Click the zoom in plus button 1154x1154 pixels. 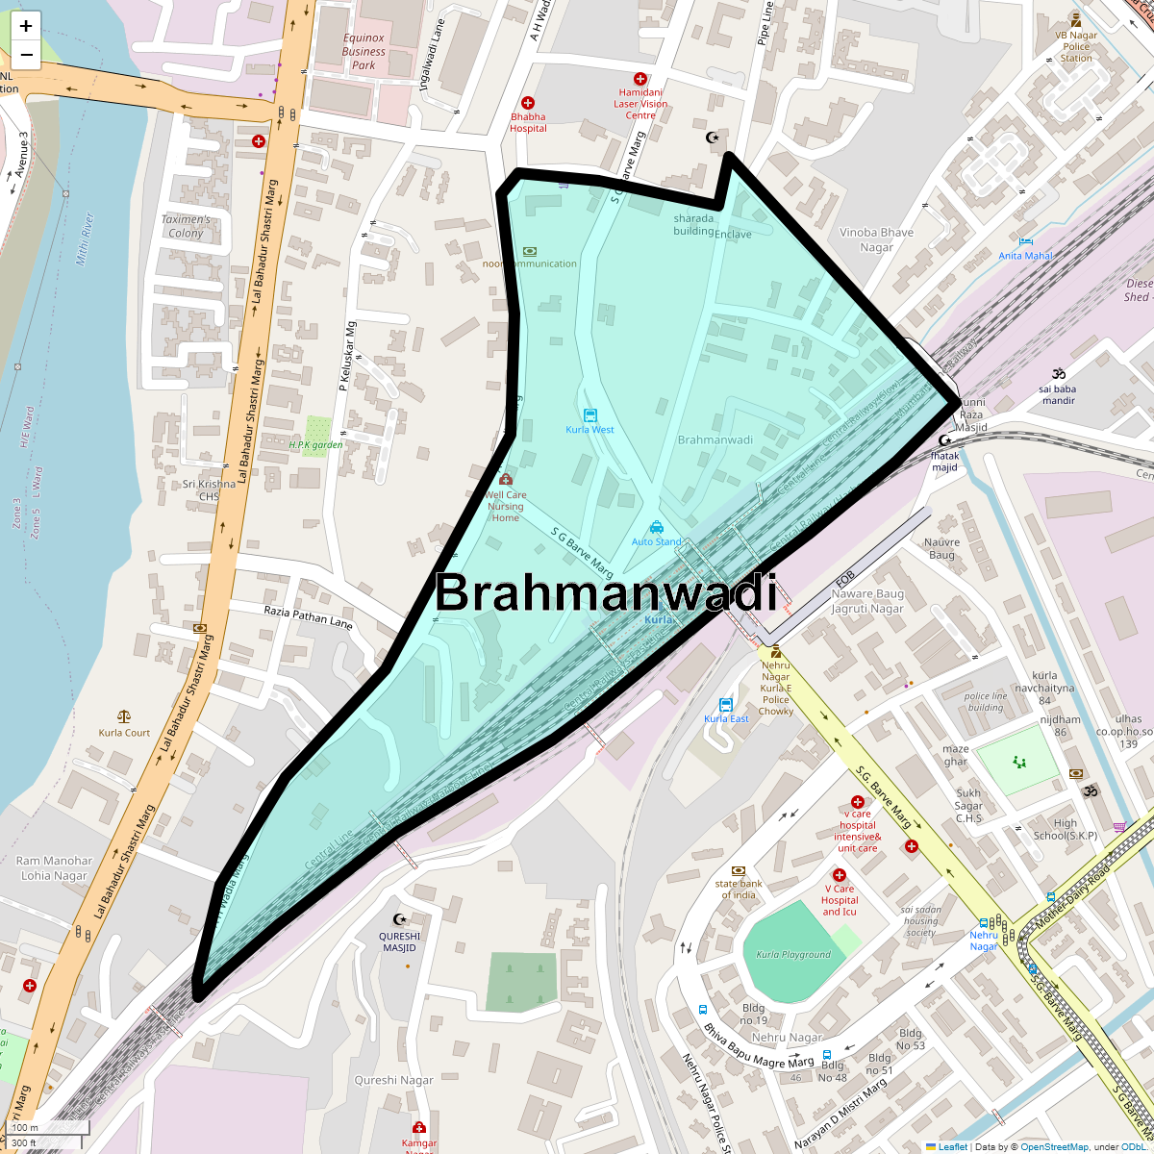click(26, 26)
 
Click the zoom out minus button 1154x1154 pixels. click(26, 55)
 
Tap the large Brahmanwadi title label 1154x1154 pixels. click(606, 592)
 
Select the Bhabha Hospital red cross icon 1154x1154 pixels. click(528, 103)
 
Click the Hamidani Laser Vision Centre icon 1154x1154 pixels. click(640, 79)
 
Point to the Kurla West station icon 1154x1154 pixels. click(590, 415)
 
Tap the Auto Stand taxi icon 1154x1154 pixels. click(656, 527)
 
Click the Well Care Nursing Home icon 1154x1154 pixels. click(506, 479)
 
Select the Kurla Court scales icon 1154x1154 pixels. click(124, 716)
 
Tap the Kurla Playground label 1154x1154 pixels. click(793, 955)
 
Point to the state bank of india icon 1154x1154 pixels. click(739, 870)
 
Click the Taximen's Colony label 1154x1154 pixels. click(186, 226)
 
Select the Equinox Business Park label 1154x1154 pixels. click(364, 52)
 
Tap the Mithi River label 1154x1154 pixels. click(86, 239)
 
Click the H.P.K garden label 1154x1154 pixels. click(315, 445)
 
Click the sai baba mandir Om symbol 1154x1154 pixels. click(1059, 374)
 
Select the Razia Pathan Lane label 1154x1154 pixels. click(308, 616)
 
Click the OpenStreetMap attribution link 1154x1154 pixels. click(1055, 1146)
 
